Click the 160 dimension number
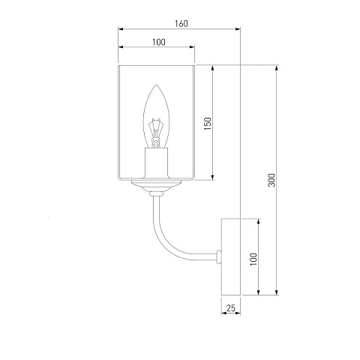click(x=181, y=23)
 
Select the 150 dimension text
click(x=208, y=124)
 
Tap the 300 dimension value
click(x=271, y=180)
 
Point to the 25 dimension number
click(x=231, y=308)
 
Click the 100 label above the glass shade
click(x=159, y=42)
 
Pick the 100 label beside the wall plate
click(x=253, y=259)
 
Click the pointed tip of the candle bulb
click(x=156, y=85)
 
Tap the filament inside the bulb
click(x=155, y=133)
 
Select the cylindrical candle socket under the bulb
click(x=156, y=163)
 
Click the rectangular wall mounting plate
click(x=231, y=256)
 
